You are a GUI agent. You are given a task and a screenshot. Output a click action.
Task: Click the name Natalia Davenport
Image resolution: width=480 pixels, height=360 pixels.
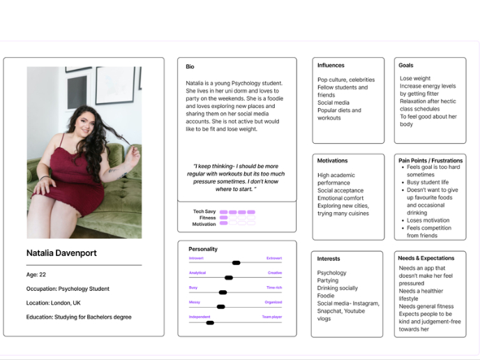coord(61,253)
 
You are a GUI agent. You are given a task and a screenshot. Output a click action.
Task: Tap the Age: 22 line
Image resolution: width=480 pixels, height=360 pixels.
coord(36,275)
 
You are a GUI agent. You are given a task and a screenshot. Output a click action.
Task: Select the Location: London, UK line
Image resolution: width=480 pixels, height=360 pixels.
coord(53,303)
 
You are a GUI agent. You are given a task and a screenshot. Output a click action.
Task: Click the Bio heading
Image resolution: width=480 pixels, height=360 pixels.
coord(190,67)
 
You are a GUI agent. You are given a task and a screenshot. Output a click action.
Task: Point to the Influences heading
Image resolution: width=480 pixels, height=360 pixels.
coord(331,66)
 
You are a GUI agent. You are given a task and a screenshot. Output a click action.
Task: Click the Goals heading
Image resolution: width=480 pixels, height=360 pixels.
coord(405,66)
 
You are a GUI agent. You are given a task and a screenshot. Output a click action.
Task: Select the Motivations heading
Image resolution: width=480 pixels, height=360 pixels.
coord(332,160)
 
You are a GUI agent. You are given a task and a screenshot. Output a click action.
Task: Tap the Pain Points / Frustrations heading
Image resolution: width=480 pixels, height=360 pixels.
coord(430,160)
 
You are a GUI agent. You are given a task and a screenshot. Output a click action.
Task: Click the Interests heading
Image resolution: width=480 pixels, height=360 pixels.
coord(329,258)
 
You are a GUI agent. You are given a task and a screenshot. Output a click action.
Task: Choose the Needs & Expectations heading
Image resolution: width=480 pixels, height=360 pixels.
coord(426,258)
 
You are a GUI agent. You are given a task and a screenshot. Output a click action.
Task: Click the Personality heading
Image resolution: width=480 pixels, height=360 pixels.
coord(203,249)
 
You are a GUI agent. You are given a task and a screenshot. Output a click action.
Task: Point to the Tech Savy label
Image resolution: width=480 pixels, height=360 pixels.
coord(204,211)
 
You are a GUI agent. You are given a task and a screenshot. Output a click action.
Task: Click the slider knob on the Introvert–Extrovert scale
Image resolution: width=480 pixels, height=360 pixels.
coord(236,263)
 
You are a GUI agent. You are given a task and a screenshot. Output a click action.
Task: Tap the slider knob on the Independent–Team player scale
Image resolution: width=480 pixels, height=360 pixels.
coord(210,322)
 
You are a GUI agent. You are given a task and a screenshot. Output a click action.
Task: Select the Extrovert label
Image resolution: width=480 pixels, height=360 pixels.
coord(274,258)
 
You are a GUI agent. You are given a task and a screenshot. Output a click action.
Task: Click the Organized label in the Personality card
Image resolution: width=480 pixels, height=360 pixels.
coord(273,302)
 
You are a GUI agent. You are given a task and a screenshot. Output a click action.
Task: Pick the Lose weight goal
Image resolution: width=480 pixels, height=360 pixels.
coord(415,79)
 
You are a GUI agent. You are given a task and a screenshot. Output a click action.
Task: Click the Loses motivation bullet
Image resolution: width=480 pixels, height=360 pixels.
coord(428,220)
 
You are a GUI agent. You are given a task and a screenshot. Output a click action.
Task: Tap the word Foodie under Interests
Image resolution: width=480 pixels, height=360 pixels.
coord(326,296)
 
